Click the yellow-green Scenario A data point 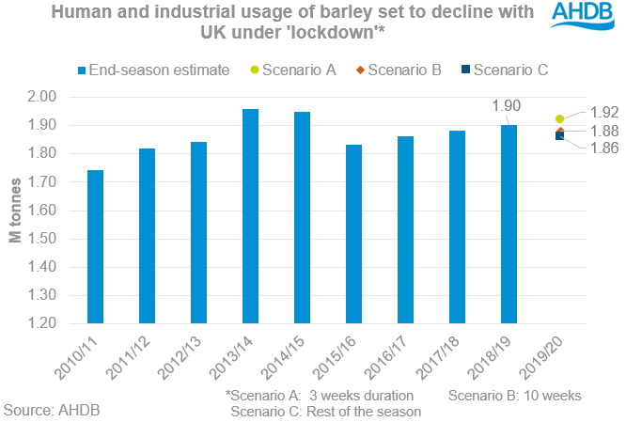[560, 119]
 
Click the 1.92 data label [605, 112]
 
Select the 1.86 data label [605, 148]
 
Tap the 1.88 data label [605, 130]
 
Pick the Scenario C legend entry [502, 70]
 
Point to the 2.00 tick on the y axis [44, 97]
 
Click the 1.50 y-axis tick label [44, 239]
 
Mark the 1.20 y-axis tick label [44, 323]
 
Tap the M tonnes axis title [16, 211]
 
